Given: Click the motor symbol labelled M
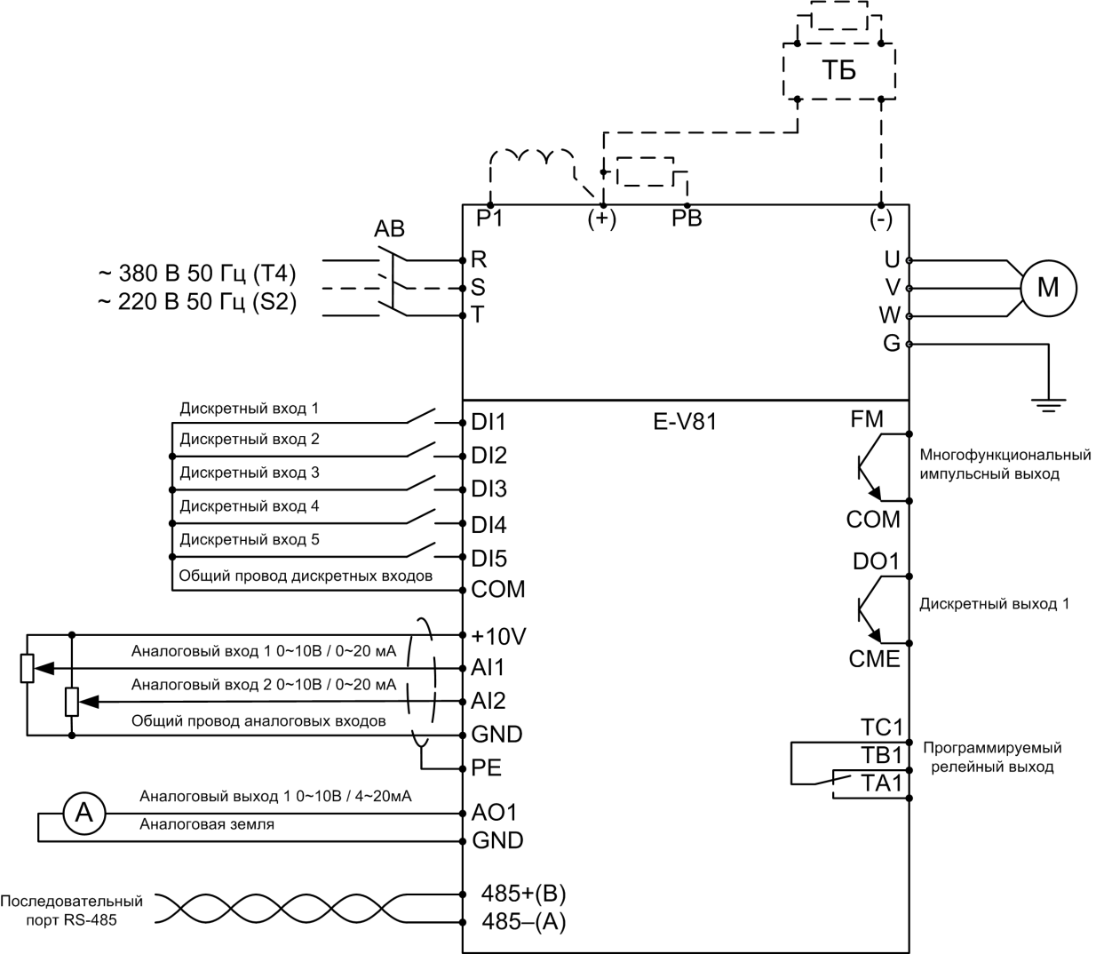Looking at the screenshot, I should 1048,288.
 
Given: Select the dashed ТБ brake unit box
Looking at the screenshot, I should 838,71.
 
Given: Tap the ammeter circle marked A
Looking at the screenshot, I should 83,811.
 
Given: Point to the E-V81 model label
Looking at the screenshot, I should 685,422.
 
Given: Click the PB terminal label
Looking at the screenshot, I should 687,219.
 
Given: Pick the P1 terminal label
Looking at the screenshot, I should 489,219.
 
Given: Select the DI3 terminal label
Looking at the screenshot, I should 489,489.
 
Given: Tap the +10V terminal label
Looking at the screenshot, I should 499,636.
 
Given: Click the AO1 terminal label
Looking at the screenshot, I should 495,812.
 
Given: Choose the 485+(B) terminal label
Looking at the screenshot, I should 523,893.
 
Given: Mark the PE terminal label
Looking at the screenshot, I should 487,767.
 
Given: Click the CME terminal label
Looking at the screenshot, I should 874,659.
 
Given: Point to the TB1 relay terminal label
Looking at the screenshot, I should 881,755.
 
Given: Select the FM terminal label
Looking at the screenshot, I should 867,419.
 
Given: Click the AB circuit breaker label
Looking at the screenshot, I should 389,229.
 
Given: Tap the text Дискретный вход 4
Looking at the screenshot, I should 250,506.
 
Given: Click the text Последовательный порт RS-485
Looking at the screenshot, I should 72,910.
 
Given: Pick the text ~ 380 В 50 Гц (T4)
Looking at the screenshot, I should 196,272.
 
